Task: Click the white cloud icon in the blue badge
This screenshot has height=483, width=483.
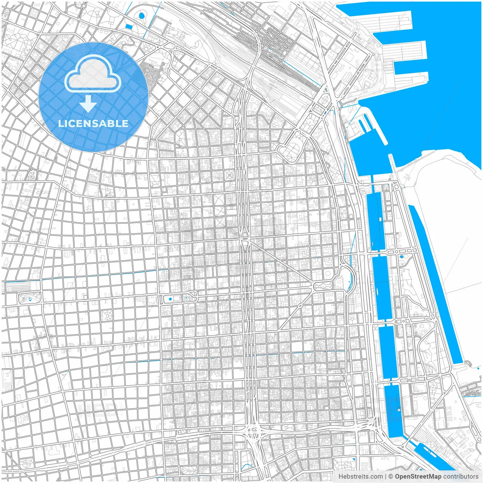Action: click(93, 75)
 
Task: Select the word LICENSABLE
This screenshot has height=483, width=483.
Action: click(93, 123)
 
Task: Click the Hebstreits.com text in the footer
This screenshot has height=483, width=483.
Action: click(360, 477)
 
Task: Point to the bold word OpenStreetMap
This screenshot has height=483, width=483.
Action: click(418, 477)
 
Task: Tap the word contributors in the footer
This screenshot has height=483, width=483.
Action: click(461, 477)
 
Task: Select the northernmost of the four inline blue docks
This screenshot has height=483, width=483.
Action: click(376, 221)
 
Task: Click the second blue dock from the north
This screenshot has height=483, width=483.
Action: click(382, 288)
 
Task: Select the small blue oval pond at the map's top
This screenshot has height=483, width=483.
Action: click(142, 16)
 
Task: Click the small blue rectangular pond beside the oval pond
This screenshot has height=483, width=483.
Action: click(129, 27)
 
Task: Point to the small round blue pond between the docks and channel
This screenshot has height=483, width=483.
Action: click(401, 257)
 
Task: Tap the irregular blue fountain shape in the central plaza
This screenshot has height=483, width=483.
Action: click(170, 299)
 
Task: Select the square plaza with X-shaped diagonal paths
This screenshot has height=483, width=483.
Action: click(229, 175)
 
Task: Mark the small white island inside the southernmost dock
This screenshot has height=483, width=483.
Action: click(398, 409)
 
